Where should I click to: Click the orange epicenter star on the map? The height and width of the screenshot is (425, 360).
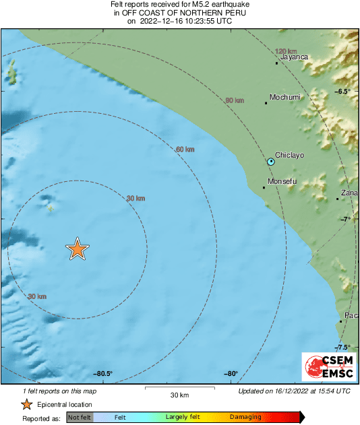[78, 249]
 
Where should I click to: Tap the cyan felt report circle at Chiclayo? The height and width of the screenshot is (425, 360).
[271, 162]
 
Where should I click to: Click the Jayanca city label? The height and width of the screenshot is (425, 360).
[294, 57]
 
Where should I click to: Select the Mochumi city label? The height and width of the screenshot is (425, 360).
[284, 98]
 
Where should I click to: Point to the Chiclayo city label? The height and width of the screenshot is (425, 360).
[291, 155]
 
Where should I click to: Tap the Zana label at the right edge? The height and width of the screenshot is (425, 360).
[349, 193]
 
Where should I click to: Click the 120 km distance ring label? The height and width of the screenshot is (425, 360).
[286, 51]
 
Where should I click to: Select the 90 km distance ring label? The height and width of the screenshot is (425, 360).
[234, 100]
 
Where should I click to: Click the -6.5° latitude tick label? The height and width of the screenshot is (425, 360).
[344, 91]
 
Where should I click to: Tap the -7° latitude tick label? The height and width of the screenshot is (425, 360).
[346, 220]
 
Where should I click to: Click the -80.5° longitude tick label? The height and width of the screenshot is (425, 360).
[103, 374]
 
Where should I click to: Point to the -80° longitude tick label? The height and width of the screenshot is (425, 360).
[231, 374]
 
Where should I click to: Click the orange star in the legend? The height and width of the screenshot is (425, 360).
[26, 404]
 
